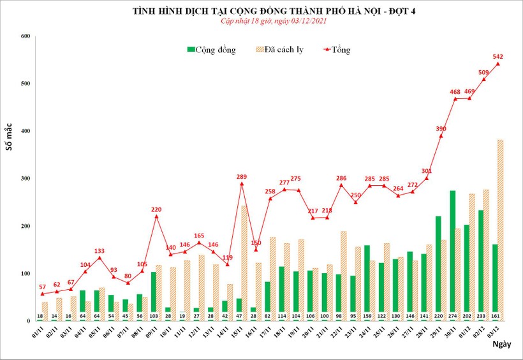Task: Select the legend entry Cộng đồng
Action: pos(211,50)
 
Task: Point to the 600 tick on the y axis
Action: pos(25,36)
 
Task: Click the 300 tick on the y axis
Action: pos(25,179)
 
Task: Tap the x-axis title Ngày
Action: pos(501,344)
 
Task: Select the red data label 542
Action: pos(499,56)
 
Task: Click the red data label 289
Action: pos(241,176)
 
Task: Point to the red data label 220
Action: pos(156,209)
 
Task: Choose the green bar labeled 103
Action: pos(153,294)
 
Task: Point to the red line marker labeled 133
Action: pos(99,257)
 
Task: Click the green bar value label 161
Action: pos(495,316)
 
